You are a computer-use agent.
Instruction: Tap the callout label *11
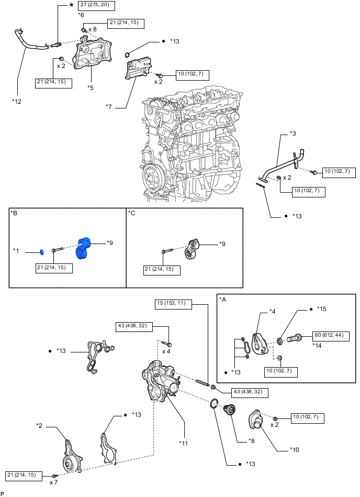[x=184, y=443]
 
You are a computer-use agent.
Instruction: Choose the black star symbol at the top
[x=71, y=5]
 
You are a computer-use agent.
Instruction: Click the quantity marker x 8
[x=92, y=30]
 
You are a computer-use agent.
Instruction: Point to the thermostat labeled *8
[x=230, y=411]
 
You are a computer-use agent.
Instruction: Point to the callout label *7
[x=109, y=107]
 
